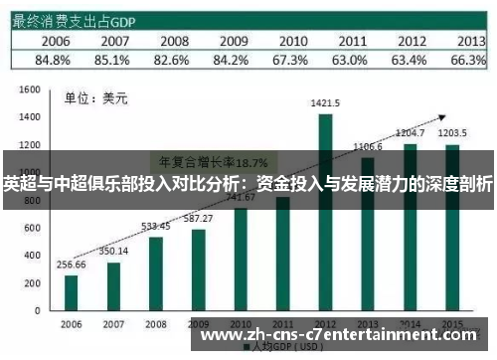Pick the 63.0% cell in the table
[350, 60]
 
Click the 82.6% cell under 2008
[173, 60]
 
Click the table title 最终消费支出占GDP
[74, 19]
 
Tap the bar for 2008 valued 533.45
[155, 272]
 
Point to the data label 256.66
[71, 266]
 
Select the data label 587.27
[199, 218]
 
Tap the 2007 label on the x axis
[113, 324]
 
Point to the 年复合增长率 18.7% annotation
[200, 161]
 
